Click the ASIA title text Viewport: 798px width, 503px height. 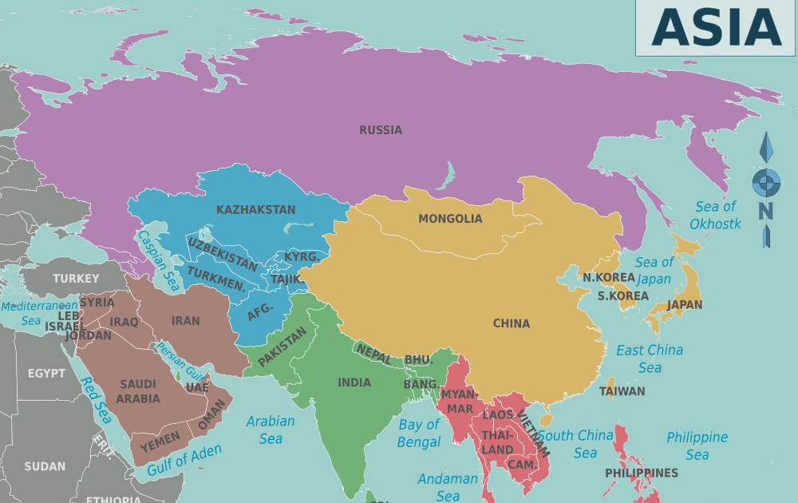pyautogui.click(x=716, y=27)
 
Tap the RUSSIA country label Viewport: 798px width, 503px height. pyautogui.click(x=381, y=130)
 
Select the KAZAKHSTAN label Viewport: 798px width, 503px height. pyautogui.click(x=255, y=210)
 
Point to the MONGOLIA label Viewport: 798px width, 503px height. pyautogui.click(x=450, y=219)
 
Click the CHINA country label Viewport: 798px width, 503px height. pyautogui.click(x=512, y=323)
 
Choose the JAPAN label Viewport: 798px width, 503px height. pyautogui.click(x=685, y=304)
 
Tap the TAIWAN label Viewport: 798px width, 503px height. pyautogui.click(x=622, y=391)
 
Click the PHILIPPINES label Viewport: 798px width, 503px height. pyautogui.click(x=642, y=473)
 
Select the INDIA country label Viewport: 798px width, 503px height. pyautogui.click(x=354, y=382)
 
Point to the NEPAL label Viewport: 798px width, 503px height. pyautogui.click(x=373, y=352)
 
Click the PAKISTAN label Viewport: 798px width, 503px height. pyautogui.click(x=282, y=348)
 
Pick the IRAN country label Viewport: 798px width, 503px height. pyautogui.click(x=186, y=320)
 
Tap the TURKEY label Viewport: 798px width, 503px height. pyautogui.click(x=77, y=279)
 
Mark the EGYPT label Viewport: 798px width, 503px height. pyautogui.click(x=47, y=373)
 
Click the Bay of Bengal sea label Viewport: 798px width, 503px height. pyautogui.click(x=419, y=434)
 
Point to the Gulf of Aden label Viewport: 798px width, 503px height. pyautogui.click(x=184, y=461)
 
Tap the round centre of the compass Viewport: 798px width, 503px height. pyautogui.click(x=766, y=182)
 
